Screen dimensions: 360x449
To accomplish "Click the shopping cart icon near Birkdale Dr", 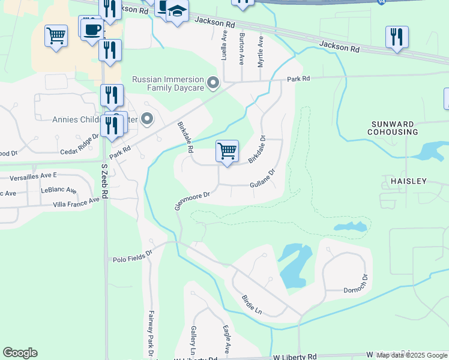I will coord(227,151).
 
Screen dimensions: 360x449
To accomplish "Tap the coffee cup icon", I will coord(92,29).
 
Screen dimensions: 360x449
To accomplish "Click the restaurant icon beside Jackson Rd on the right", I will coord(397,37).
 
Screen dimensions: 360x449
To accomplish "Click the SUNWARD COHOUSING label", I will coord(393,127).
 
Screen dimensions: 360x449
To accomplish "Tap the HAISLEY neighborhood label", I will coord(410,181).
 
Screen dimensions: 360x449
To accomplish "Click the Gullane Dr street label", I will coord(262,179).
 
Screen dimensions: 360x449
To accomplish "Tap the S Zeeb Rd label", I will coord(104,176).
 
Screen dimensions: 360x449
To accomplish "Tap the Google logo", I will coord(20,353).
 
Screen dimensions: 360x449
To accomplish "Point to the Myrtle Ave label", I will coord(261,51).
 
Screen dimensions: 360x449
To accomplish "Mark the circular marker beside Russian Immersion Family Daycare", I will coord(212,83).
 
